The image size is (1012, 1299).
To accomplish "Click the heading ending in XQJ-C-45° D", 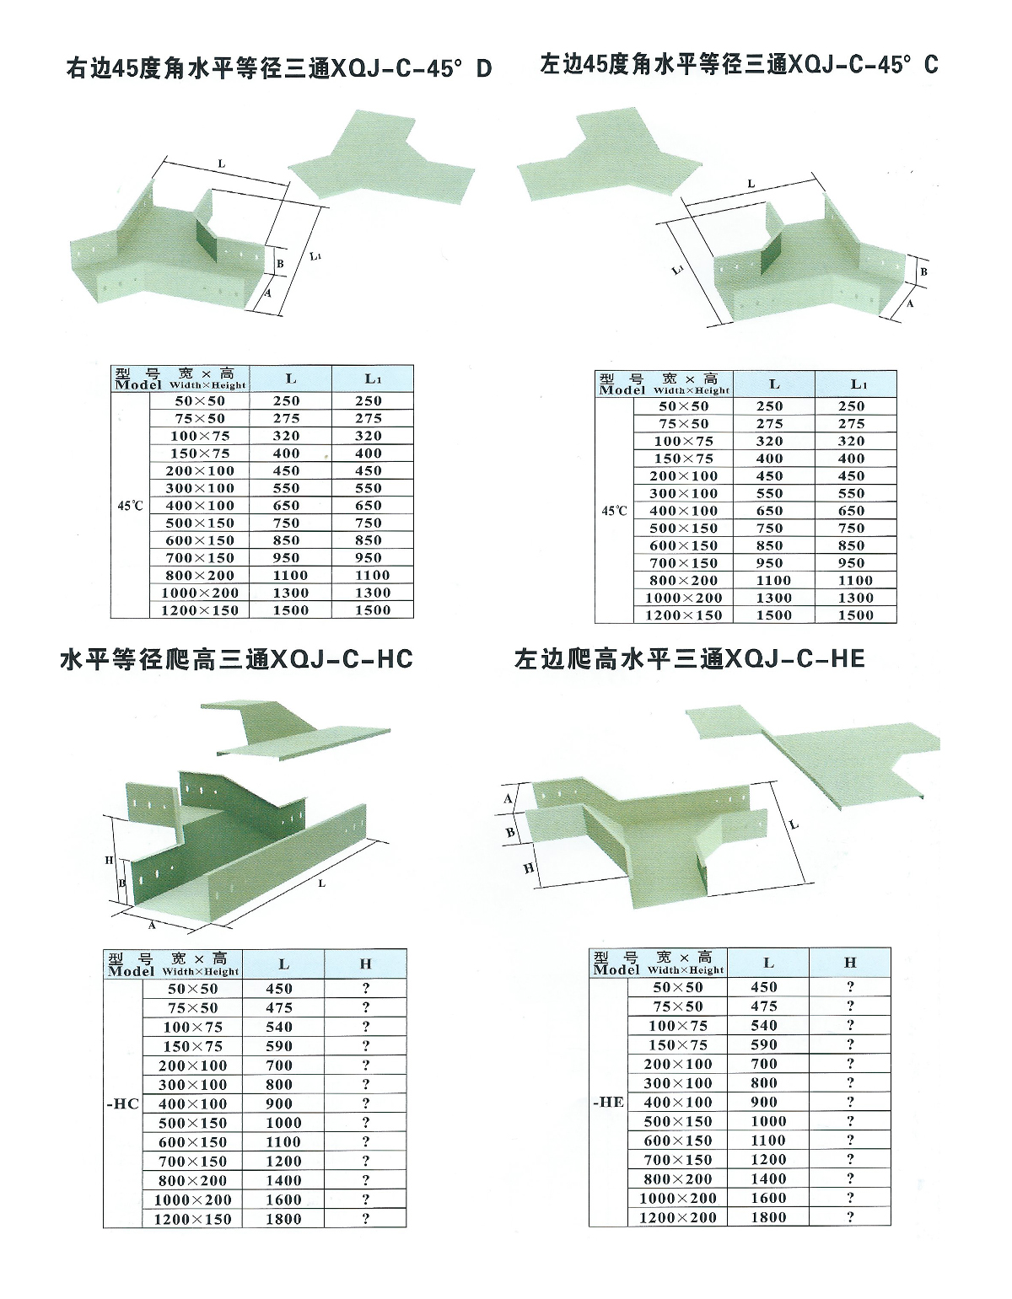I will coord(278,68).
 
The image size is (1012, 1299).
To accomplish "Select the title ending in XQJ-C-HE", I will coord(689,658).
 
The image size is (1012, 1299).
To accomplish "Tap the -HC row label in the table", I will coord(123,1103).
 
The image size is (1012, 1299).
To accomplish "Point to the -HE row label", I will coord(608,1102).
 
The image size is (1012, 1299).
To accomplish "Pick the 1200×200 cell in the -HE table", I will coord(677,1217).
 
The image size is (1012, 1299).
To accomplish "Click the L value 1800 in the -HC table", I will coord(283,1219).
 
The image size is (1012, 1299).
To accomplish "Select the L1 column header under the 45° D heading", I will coord(373,379).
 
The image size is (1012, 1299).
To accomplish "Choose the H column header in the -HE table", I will coord(849,962).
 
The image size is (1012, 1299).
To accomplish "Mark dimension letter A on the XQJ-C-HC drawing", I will coord(153,925).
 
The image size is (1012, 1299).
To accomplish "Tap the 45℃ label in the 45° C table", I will coord(614,511).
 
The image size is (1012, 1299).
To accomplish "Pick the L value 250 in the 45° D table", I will coord(287,401).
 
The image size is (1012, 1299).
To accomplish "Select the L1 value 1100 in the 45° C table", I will coord(855,581).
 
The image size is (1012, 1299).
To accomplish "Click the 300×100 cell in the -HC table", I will coord(193,1085).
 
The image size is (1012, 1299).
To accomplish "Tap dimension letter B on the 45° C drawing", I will coord(923,272).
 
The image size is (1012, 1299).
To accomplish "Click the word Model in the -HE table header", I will coord(616,969).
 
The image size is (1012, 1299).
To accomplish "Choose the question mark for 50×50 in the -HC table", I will coord(366,989).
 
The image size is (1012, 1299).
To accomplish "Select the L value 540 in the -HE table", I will coord(763,1026).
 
